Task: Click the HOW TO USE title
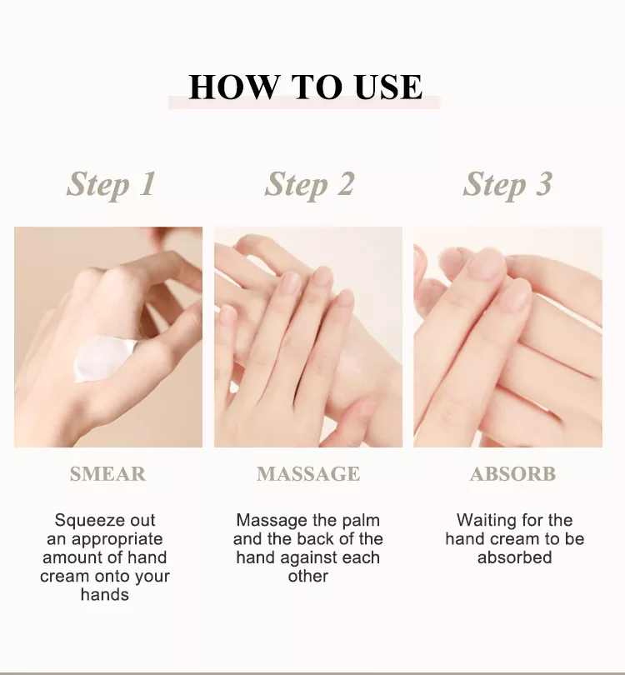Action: (x=306, y=87)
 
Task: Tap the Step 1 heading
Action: (x=111, y=185)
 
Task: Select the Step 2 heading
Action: (x=309, y=185)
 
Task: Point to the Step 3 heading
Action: (x=507, y=185)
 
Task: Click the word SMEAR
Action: (x=107, y=474)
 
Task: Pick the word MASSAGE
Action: (x=308, y=474)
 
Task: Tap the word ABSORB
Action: (x=512, y=474)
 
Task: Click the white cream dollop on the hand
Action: (x=103, y=358)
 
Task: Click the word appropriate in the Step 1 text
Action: (x=117, y=540)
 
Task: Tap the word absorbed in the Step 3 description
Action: (x=514, y=557)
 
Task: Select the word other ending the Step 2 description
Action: (x=308, y=576)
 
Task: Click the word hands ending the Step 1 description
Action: (x=105, y=595)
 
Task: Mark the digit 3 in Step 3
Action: (x=544, y=183)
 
